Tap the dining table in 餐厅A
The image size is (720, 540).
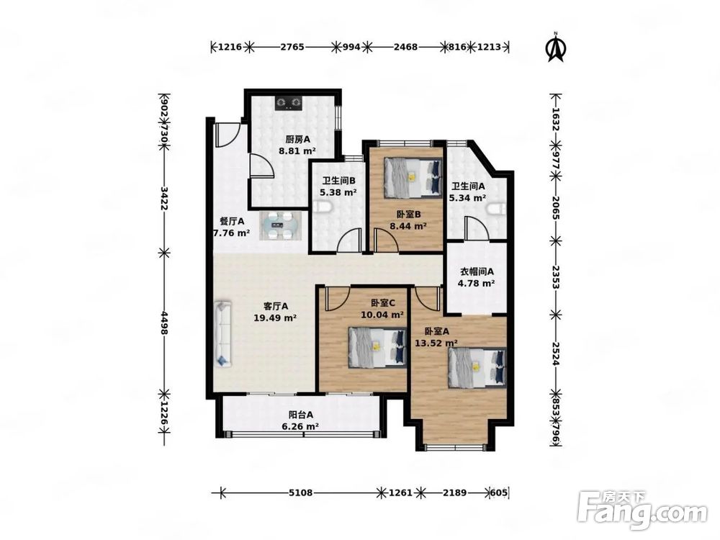[x=280, y=225]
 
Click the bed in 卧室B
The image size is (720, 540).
[x=413, y=178]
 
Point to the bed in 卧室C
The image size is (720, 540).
[x=377, y=347]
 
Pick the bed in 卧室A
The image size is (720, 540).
[x=477, y=368]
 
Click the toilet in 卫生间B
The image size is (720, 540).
[x=325, y=209]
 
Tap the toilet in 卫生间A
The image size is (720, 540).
[x=496, y=210]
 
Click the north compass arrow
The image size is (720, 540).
[x=556, y=47]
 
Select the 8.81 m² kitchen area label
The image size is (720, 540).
[x=297, y=150]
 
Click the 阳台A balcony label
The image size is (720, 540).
[x=301, y=415]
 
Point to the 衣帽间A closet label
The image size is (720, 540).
[x=477, y=271]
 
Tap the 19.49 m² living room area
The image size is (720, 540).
[x=275, y=318]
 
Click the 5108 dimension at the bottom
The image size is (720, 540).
[x=301, y=492]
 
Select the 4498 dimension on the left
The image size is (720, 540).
[x=163, y=320]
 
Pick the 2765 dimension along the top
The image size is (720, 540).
[x=292, y=47]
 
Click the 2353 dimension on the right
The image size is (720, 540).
[x=556, y=277]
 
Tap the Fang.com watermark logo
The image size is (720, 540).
[x=642, y=510]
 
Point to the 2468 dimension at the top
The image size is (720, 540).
[x=406, y=47]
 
